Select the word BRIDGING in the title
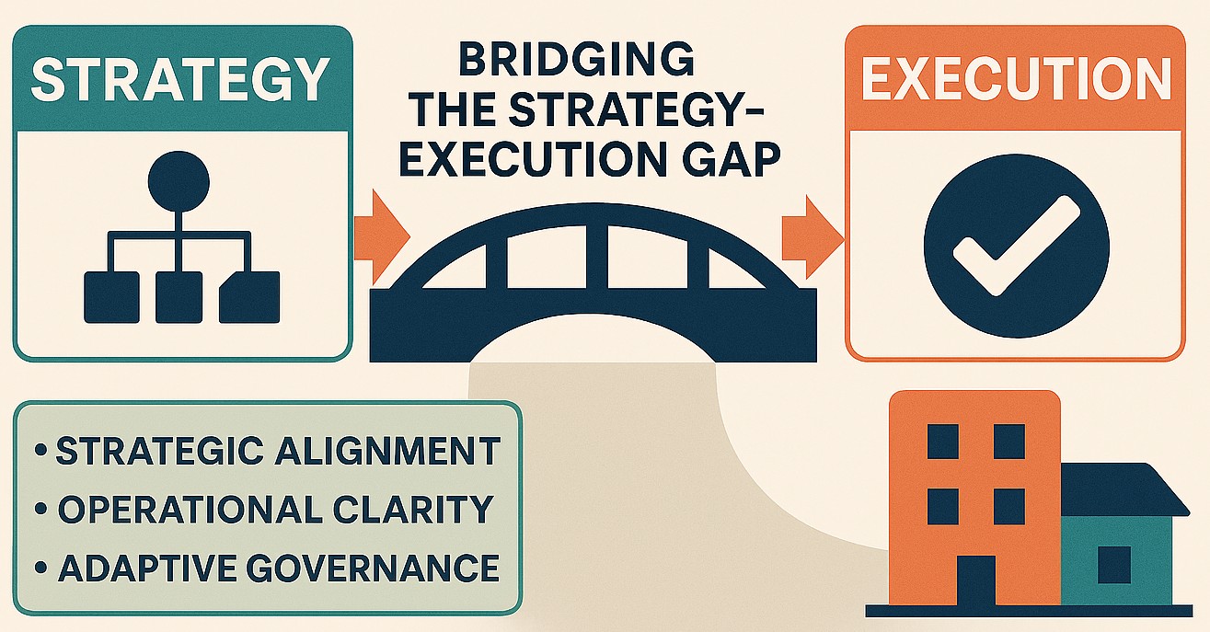click(x=576, y=62)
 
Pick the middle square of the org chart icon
click(x=179, y=295)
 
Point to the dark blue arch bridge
click(x=593, y=276)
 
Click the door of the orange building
click(x=975, y=579)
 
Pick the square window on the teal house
click(x=1113, y=564)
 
